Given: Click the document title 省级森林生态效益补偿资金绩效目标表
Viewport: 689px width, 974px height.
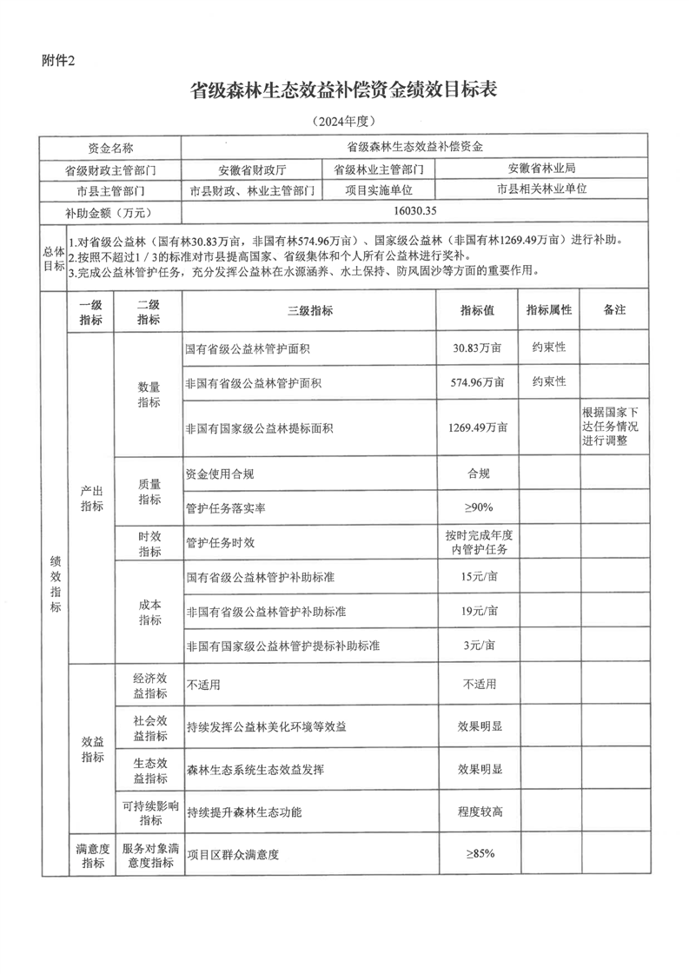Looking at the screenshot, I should tap(343, 90).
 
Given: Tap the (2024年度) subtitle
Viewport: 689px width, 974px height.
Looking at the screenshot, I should tap(343, 121).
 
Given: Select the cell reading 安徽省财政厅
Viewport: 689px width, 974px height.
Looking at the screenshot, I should tap(251, 169).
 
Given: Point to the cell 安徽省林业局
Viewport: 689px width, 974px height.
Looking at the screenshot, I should tap(541, 168).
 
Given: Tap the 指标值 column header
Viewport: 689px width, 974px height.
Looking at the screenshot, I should tap(478, 311).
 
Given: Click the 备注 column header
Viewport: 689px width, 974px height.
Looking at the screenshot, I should tap(614, 311).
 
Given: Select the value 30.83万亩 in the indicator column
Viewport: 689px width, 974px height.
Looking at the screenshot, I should tap(478, 348).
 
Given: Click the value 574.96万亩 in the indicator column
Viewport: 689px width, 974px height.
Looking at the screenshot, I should tap(478, 382).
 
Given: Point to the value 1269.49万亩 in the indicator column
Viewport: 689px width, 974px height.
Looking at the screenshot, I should tap(478, 427).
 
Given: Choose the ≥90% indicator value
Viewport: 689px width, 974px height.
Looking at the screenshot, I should tap(478, 507).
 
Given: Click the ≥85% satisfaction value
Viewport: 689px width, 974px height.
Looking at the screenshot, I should tap(478, 854).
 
